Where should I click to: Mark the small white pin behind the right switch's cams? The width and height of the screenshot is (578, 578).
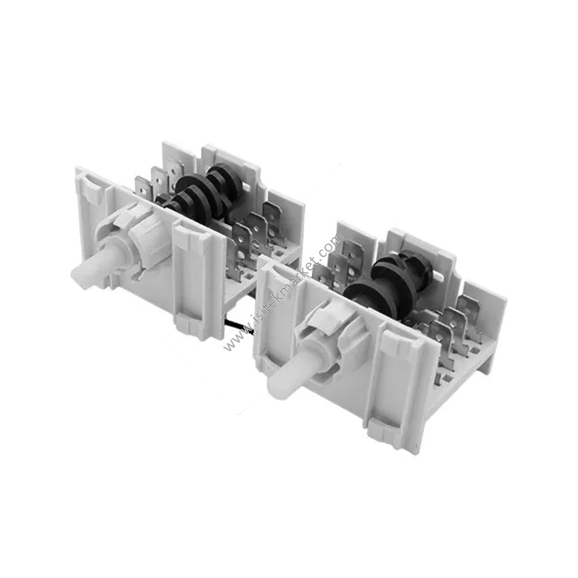coord(439,276)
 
